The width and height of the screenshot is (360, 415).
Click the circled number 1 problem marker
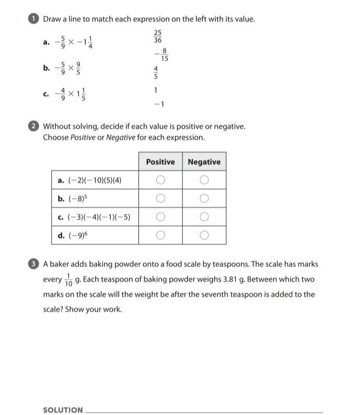click(34, 19)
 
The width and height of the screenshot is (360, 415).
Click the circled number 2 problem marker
click(34, 126)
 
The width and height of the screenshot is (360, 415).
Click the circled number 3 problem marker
click(34, 264)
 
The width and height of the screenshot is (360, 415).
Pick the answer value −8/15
click(162, 55)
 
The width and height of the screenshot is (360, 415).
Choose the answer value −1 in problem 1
click(159, 104)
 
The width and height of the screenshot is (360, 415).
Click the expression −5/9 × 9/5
click(68, 68)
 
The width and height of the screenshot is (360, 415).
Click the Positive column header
click(160, 162)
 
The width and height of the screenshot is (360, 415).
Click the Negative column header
click(204, 162)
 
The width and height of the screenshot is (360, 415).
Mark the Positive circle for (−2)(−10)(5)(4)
click(160, 180)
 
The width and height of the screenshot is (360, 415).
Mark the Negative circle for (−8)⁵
click(204, 198)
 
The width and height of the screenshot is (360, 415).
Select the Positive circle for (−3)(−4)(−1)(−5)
click(160, 217)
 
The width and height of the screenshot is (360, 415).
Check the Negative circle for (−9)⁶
click(204, 235)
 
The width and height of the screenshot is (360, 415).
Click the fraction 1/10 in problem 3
click(69, 280)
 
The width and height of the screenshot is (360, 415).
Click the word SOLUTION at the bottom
click(63, 410)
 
